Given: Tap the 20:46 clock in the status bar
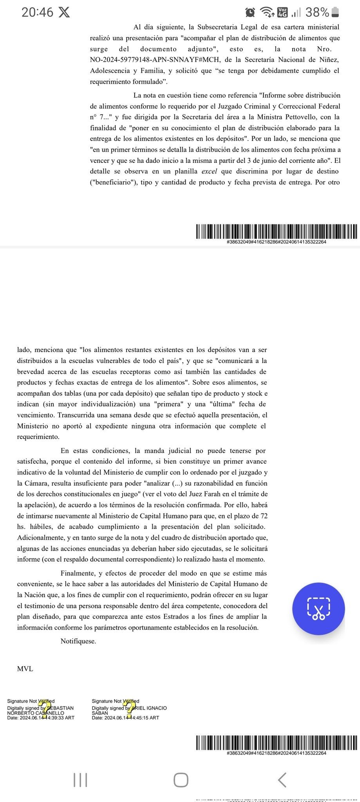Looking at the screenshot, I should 37,12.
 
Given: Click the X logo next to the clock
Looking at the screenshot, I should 64,13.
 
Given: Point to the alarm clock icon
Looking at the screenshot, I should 250,13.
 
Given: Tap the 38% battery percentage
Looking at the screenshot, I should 317,13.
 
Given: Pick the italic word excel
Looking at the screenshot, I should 209,171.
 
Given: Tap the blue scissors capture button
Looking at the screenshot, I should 318,609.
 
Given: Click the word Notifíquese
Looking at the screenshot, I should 78,641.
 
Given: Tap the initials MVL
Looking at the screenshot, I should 25,668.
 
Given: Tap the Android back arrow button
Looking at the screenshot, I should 282,780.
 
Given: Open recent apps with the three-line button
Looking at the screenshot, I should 80,780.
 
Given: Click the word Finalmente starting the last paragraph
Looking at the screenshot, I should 77,573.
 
